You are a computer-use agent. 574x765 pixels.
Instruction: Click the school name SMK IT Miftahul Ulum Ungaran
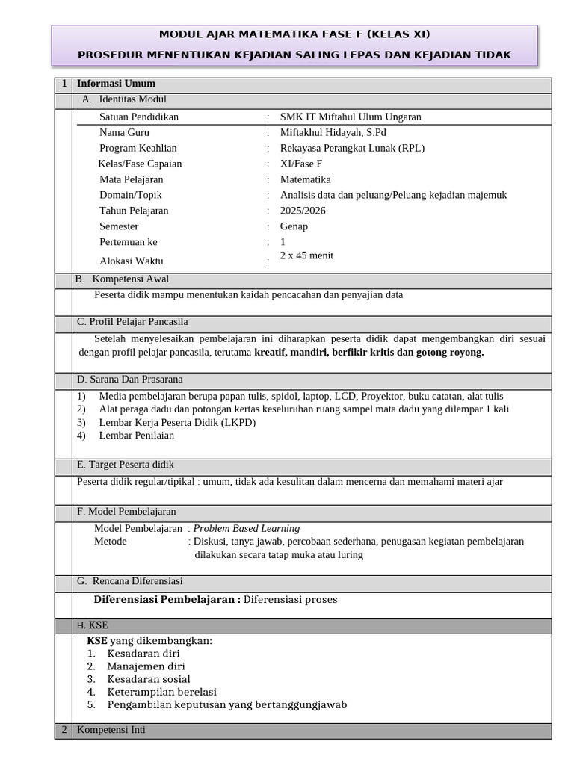tap(351, 117)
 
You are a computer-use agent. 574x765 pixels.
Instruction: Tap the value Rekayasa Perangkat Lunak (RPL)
tap(352, 148)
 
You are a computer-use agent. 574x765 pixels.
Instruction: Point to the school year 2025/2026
tap(303, 211)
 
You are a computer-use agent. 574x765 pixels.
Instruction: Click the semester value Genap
tap(294, 226)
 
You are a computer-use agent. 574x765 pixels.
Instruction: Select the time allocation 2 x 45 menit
tap(306, 255)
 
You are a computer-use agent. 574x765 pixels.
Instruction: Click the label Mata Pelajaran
tap(131, 179)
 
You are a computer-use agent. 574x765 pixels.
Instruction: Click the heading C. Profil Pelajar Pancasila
tap(133, 322)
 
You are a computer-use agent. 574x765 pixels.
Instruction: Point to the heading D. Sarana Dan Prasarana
tap(130, 380)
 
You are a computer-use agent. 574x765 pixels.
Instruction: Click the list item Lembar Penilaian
tap(136, 436)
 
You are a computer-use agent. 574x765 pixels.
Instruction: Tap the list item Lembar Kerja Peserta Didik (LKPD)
tap(177, 422)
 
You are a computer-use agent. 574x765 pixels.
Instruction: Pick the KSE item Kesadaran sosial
tap(148, 679)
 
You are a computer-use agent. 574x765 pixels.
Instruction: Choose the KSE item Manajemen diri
tap(146, 666)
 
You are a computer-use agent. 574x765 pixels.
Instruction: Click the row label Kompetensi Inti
tap(111, 730)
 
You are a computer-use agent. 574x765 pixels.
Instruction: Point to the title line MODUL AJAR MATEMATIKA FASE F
tap(294, 34)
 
